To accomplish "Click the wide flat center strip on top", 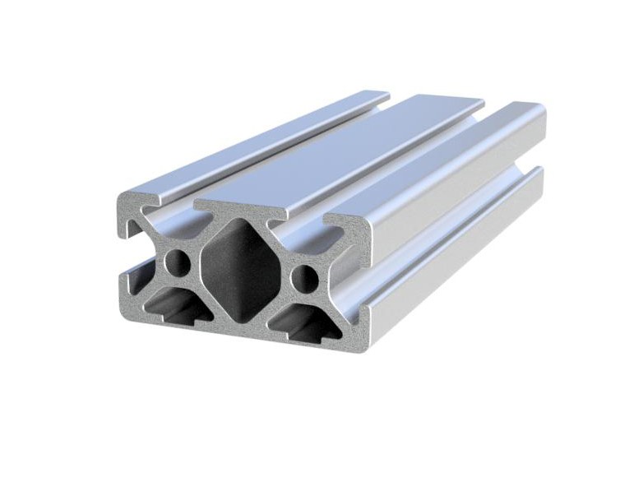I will pos(345,148).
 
